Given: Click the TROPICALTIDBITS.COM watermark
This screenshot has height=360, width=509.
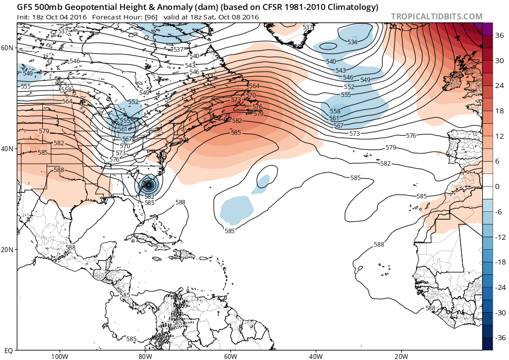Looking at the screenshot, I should click(x=436, y=16).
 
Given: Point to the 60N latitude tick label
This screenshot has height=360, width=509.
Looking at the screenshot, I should click(x=8, y=48).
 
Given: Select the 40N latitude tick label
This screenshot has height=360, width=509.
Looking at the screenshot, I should click(x=8, y=149).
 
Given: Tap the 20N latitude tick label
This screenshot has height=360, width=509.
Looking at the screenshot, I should click(x=8, y=250).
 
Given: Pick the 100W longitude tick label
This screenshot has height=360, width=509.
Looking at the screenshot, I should click(x=59, y=356).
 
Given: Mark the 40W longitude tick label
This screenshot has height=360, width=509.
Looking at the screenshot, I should click(x=316, y=356).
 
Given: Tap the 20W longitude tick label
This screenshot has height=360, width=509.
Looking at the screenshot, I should click(x=401, y=356).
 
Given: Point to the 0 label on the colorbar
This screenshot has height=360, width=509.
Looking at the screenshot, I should click(x=497, y=186).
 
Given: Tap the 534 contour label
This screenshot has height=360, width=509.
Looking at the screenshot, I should click(x=352, y=42).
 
